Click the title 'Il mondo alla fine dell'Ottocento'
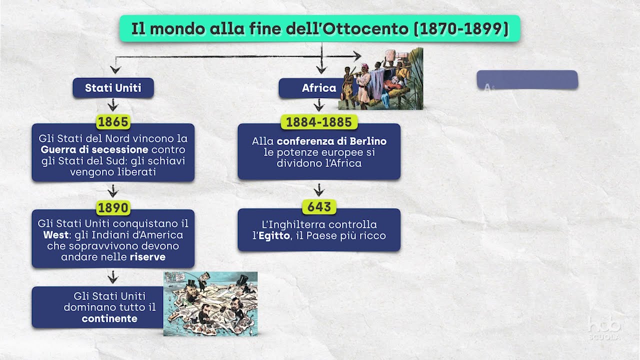click(x=319, y=28)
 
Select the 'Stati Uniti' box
click(x=113, y=88)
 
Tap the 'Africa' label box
click(x=318, y=88)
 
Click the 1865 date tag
click(x=113, y=121)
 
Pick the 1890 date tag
click(x=113, y=207)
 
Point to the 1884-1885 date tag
click(x=319, y=121)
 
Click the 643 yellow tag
click(x=319, y=206)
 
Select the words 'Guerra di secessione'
click(x=94, y=149)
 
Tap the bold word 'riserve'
click(x=147, y=257)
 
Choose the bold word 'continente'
click(x=109, y=318)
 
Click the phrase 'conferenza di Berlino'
click(x=331, y=141)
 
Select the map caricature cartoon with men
click(x=210, y=303)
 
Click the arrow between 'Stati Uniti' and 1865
click(x=113, y=105)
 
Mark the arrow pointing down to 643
click(x=319, y=190)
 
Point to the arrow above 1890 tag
click(x=113, y=190)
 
